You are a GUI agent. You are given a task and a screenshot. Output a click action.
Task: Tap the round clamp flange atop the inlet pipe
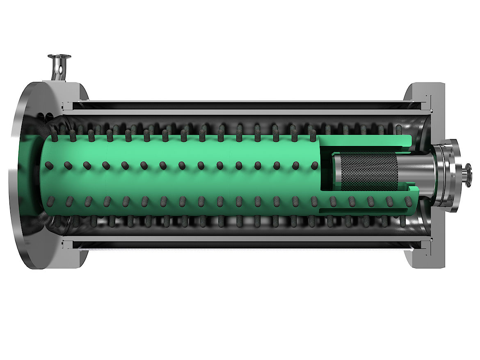click(59, 57)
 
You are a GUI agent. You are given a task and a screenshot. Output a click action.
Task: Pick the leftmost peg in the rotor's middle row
click(50, 165)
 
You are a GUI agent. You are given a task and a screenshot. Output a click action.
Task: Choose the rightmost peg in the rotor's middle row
click(314, 165)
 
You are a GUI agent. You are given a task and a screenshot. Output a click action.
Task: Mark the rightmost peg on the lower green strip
click(408, 201)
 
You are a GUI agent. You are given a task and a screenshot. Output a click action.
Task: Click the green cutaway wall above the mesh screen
click(365, 141)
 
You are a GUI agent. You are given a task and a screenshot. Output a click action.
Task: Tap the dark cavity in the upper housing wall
click(246, 106)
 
